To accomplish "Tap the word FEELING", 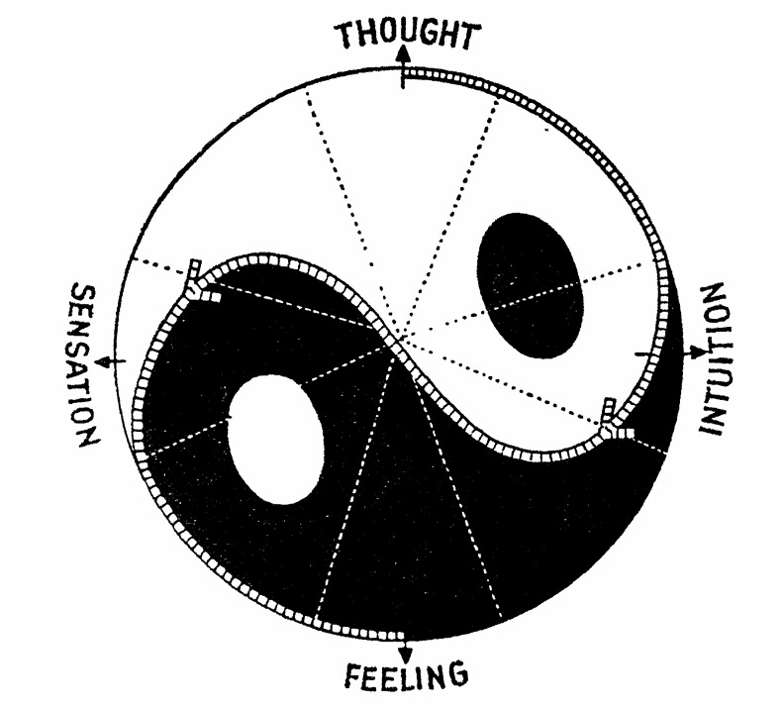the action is [x=405, y=676].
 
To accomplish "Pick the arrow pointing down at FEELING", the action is [x=405, y=650].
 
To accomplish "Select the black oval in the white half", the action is [x=530, y=283].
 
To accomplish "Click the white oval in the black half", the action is [x=276, y=439].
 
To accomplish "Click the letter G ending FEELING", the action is [x=454, y=677].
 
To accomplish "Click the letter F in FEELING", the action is [x=354, y=676].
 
